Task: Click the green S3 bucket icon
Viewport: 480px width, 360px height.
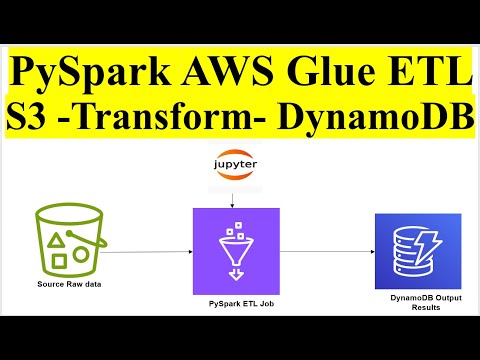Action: [67, 240]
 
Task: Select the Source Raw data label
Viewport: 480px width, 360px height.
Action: [65, 285]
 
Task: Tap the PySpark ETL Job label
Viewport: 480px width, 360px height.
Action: [234, 300]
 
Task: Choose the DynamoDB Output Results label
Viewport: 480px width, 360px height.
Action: [417, 301]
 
